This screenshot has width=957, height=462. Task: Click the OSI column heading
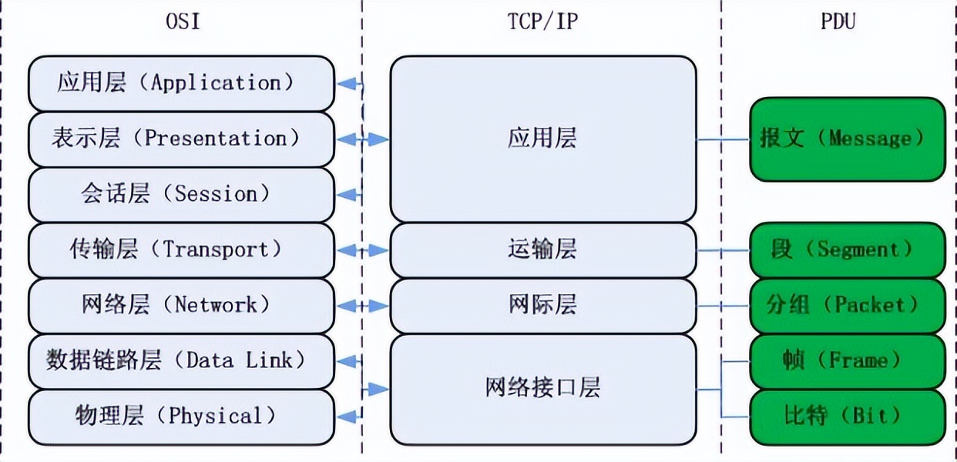click(183, 22)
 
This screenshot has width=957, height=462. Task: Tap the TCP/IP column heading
click(542, 22)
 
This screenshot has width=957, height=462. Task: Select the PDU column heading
click(838, 22)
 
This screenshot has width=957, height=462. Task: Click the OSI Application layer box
click(181, 83)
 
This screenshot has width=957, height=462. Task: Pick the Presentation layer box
click(181, 139)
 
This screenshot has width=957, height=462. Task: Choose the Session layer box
click(181, 194)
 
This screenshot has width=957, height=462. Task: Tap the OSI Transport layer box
click(181, 249)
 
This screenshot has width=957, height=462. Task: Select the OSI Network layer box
click(181, 305)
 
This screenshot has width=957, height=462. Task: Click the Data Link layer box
click(181, 360)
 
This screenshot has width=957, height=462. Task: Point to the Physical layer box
click(181, 417)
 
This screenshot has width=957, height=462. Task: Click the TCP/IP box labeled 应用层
click(542, 139)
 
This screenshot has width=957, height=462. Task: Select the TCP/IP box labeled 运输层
click(542, 249)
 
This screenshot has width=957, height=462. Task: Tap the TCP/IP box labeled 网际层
click(542, 305)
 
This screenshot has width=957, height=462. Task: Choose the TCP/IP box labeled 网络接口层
click(542, 388)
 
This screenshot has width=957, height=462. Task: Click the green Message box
click(847, 139)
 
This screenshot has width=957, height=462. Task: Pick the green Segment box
click(847, 249)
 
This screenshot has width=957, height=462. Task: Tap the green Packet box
click(847, 305)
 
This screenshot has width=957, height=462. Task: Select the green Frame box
click(847, 360)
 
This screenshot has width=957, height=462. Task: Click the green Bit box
click(847, 417)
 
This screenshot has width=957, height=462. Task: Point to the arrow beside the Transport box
click(362, 250)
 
